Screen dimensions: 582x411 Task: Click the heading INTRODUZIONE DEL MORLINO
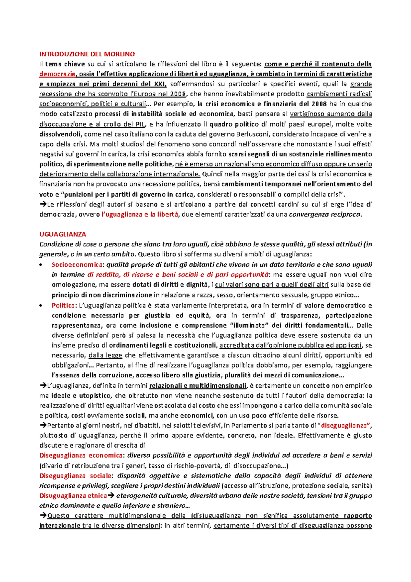click(87, 54)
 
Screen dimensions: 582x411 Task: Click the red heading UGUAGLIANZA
click(63, 234)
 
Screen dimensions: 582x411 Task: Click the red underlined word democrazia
click(57, 74)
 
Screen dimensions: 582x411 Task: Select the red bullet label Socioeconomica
click(77, 265)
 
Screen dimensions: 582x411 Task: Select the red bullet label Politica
click(63, 305)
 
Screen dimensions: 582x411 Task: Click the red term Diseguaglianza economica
click(81, 456)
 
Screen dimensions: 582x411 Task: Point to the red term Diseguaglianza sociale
click(75, 476)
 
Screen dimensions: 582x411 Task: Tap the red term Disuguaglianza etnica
click(73, 496)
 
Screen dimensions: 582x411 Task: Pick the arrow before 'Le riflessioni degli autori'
click(43, 205)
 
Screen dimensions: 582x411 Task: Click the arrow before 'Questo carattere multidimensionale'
click(43, 516)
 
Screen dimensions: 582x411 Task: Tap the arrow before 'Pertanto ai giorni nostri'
click(43, 426)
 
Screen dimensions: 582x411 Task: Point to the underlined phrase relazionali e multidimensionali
click(198, 386)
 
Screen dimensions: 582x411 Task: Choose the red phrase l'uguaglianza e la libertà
click(140, 215)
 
